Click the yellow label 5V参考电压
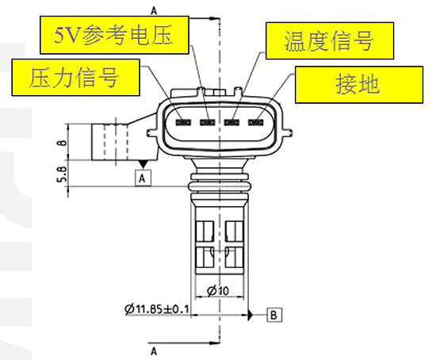115,35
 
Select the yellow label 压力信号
75,78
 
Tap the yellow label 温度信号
330,40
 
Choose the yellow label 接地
359,85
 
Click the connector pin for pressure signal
183,122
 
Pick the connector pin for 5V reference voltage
208,122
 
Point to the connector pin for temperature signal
232,122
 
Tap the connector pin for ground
256,122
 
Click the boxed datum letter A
143,178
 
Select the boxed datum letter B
274,316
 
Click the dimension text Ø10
218,291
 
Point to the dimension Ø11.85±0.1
157,308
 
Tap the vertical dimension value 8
63,143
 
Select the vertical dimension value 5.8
63,174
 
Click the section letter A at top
154,11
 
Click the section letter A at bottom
154,351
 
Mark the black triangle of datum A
143,164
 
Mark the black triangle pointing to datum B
251,316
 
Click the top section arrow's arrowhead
213,19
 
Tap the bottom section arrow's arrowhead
213,343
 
